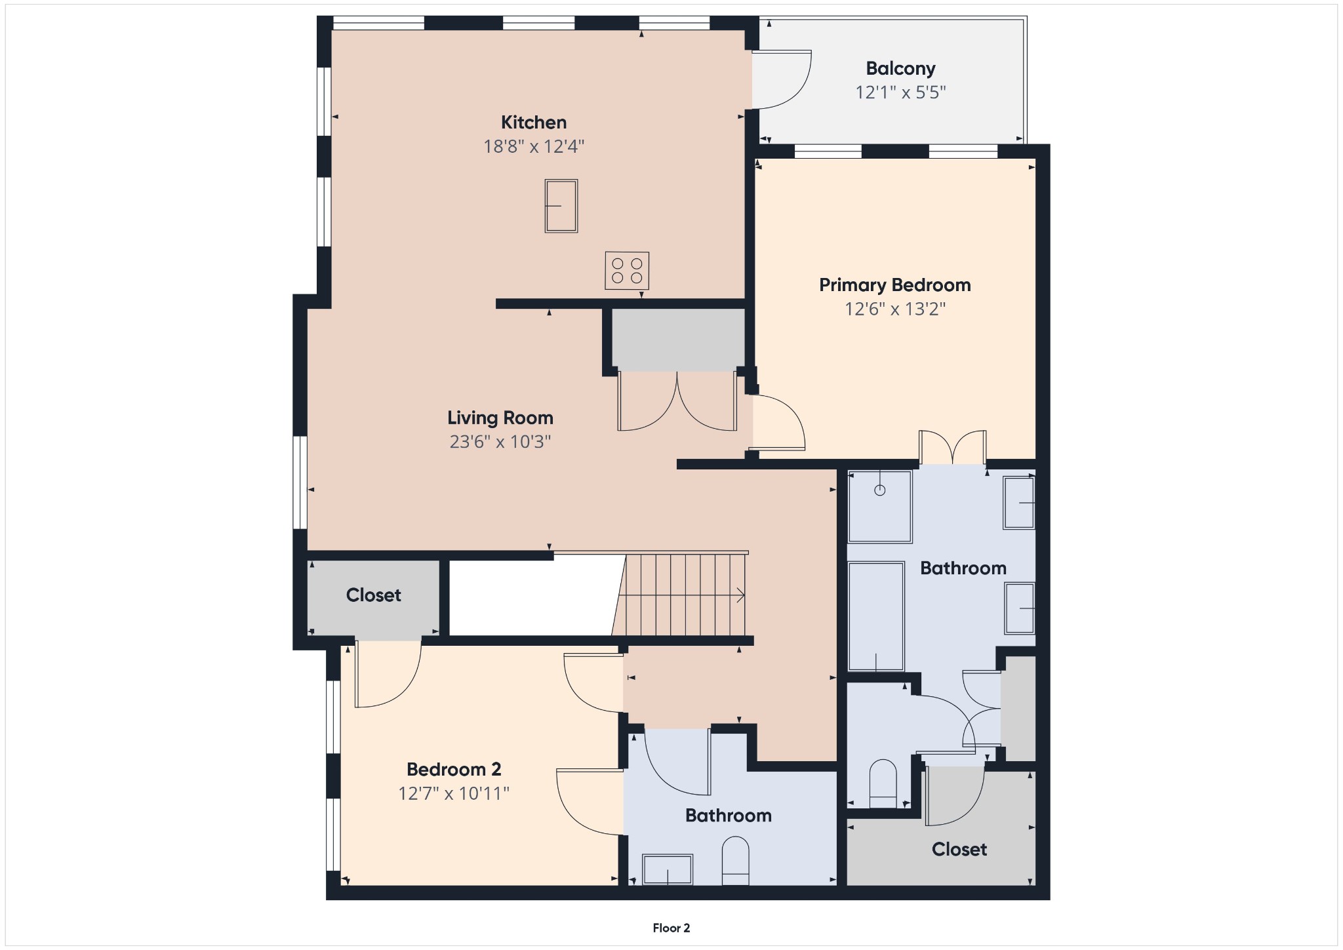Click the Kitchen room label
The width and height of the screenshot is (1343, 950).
533,123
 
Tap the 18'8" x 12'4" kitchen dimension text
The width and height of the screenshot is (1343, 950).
533,146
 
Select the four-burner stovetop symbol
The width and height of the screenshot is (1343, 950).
627,270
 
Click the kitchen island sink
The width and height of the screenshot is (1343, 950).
561,206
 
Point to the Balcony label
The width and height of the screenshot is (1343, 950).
900,68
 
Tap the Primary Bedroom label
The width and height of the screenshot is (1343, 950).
894,285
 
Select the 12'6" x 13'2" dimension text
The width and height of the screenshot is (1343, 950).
894,309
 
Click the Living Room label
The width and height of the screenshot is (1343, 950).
500,418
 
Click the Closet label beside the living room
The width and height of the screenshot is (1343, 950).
373,595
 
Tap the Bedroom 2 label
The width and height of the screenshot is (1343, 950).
454,769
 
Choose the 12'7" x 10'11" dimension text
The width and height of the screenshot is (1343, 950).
454,793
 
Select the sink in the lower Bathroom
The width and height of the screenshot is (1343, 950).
668,869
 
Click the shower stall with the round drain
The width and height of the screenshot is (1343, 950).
879,506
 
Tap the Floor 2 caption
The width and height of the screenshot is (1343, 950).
671,928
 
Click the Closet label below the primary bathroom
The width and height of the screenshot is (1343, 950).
959,850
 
